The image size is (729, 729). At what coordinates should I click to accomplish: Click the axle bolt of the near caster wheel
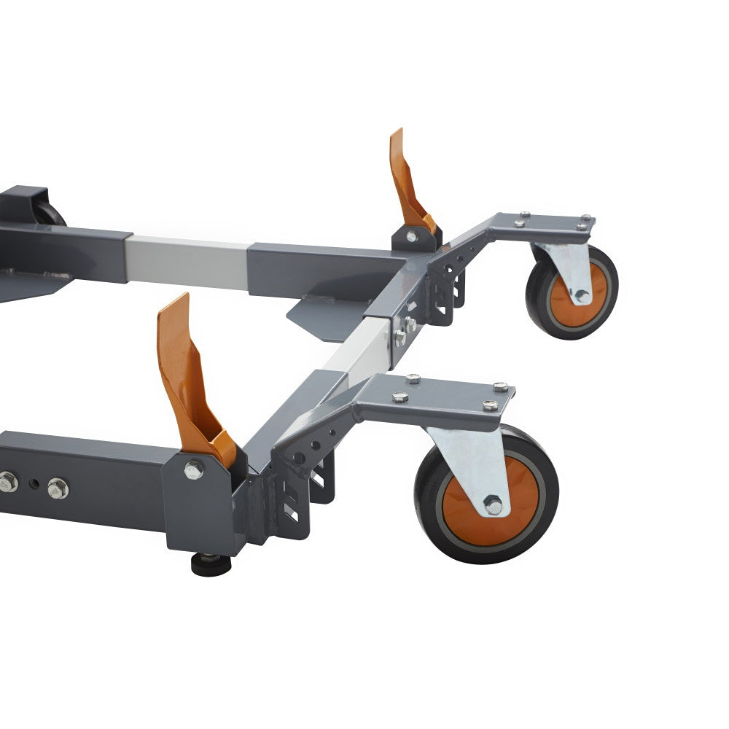pos(494,504)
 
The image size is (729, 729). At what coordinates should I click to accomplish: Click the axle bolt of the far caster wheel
pos(580,295)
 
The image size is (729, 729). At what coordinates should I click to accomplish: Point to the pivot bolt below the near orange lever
pos(193,470)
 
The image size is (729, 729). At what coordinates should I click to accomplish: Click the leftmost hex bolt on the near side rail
pos(7,481)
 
